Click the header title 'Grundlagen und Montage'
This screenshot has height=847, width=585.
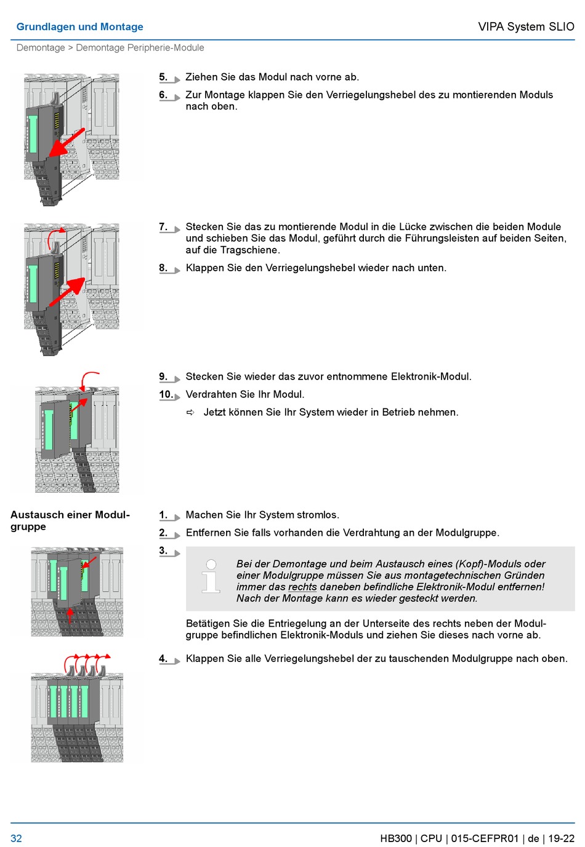point(79,27)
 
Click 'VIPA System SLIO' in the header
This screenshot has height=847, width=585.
point(526,27)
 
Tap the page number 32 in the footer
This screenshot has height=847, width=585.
point(16,838)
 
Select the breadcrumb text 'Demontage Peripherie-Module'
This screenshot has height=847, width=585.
point(140,48)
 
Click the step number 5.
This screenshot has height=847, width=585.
point(163,78)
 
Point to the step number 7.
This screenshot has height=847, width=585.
point(163,227)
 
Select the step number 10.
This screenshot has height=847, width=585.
point(166,395)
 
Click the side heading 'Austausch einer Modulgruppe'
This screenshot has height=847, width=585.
point(70,520)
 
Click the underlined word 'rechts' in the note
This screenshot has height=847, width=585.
point(302,587)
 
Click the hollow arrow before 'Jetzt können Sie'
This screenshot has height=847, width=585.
point(191,413)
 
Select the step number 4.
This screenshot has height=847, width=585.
point(163,659)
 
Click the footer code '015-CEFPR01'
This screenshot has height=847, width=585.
point(485,838)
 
